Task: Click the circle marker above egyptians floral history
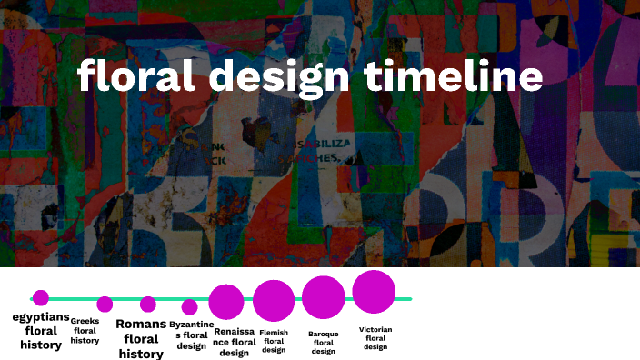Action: pos(40,297)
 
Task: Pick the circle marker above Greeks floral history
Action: pos(105,305)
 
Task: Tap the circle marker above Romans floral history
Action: pos(148,304)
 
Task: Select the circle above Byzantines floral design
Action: pos(189,307)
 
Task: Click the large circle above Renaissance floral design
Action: pos(226,302)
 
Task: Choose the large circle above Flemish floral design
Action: pos(274,301)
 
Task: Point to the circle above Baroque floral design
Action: pos(323,297)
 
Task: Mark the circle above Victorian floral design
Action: pos(374,292)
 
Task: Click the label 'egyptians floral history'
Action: pos(41,331)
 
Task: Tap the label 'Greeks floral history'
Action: pos(85,331)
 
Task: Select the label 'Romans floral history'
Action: pos(141,339)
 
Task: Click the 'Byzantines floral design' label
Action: pos(191,335)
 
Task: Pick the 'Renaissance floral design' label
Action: pos(235,342)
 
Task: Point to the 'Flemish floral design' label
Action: pos(274,341)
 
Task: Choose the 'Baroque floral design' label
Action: pos(323,343)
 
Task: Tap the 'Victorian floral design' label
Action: pos(375,338)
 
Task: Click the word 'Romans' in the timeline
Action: pos(141,325)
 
